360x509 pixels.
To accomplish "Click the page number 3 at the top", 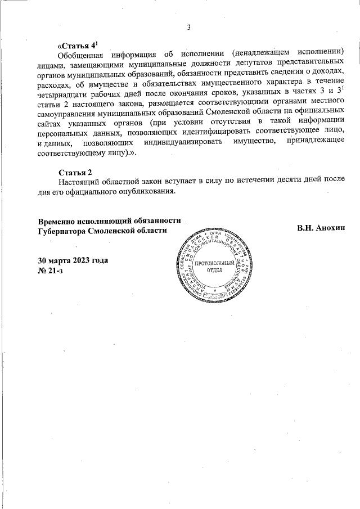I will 189,28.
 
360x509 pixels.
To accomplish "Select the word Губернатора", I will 64,231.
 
